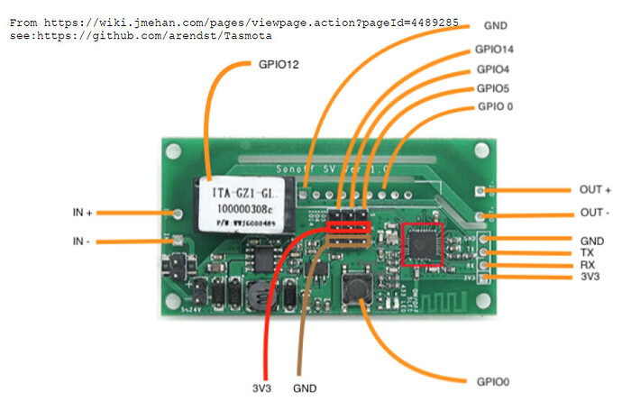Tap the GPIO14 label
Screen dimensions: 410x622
click(x=495, y=50)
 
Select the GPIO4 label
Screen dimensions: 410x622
click(x=492, y=69)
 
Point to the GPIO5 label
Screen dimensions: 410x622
click(x=492, y=88)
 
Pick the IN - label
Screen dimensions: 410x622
click(x=84, y=242)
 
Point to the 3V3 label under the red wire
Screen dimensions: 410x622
click(x=261, y=388)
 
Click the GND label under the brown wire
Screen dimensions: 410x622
click(x=305, y=388)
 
